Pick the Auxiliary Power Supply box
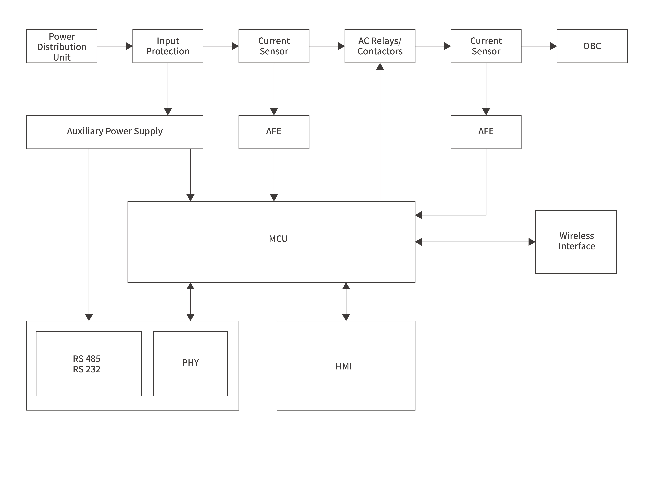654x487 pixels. [x=115, y=132]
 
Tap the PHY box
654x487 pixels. [x=190, y=363]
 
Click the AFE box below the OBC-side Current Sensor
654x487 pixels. [x=486, y=132]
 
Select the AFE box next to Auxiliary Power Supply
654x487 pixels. [x=274, y=132]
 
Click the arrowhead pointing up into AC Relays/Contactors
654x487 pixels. [x=380, y=67]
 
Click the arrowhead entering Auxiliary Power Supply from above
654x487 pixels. [x=168, y=111]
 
